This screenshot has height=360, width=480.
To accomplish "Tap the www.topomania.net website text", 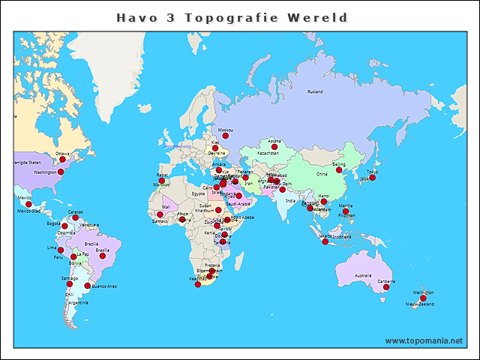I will (423, 340).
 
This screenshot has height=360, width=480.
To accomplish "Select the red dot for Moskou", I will (225, 136).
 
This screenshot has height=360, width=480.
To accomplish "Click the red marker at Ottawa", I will (63, 160).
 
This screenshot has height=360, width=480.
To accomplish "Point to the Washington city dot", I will (61, 172).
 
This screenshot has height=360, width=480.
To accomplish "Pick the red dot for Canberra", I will (386, 287).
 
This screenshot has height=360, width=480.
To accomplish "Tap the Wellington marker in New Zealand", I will (423, 298).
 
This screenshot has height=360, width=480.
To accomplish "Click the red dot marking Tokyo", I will (373, 178).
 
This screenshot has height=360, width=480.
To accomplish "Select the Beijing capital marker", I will (339, 170).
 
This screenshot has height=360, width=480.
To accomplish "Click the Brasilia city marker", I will (103, 256).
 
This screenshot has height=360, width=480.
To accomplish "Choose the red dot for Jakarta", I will (325, 241).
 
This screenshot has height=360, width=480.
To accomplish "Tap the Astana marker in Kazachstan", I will (274, 147).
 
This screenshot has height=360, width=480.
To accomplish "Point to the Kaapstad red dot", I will (198, 284).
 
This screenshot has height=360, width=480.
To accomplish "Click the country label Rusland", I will (315, 91).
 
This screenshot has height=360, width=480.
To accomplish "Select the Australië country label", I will (362, 275).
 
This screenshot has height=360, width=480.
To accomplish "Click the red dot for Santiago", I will (70, 284).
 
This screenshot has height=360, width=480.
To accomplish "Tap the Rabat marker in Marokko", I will (162, 181).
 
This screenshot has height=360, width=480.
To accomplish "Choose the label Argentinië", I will (79, 302).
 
